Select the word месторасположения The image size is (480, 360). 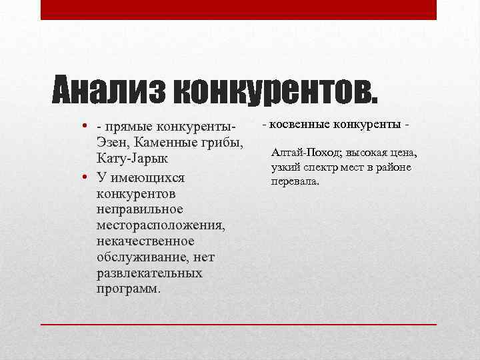(161, 226)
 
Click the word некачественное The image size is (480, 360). (145, 241)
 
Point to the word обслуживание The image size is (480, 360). (141, 257)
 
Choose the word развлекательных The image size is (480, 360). (149, 273)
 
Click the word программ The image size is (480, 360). (127, 289)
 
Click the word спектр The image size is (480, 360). (319, 167)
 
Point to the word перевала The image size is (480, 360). (295, 181)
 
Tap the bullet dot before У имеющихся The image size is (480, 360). (87, 178)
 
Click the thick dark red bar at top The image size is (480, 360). (239, 9)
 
